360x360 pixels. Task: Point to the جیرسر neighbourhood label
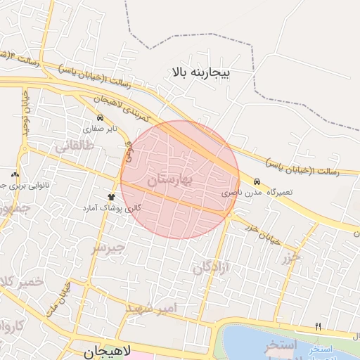[108, 248]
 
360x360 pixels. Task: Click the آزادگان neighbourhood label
[212, 266]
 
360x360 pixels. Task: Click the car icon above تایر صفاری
[101, 117]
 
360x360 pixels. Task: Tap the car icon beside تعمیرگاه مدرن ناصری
[257, 181]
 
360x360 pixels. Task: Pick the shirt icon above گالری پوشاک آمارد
[111, 197]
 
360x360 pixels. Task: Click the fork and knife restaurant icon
[319, 326]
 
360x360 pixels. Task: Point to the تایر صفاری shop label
[101, 129]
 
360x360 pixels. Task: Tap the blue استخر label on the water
[324, 349]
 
